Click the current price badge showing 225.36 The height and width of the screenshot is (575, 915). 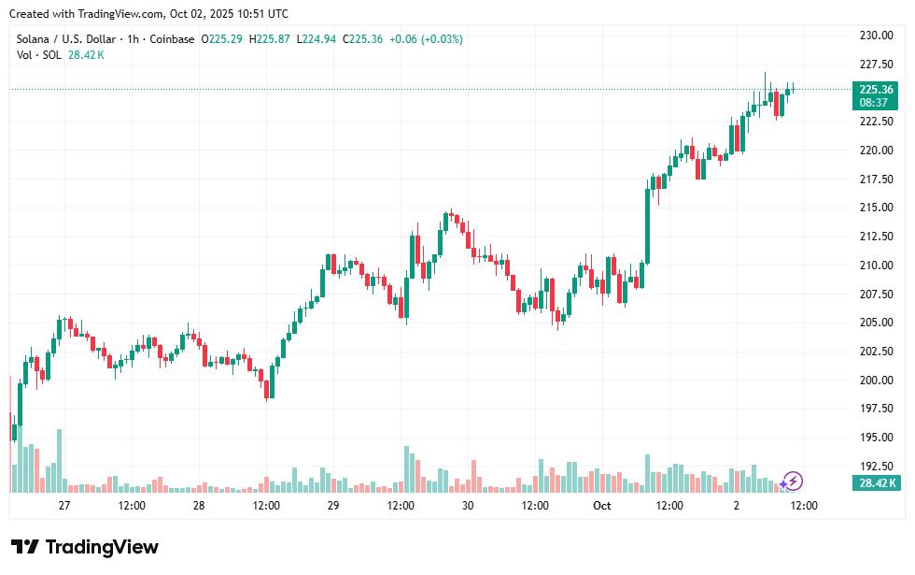[x=875, y=90]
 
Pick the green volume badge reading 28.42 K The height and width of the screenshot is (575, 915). [x=875, y=483]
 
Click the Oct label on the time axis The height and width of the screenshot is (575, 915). [x=602, y=506]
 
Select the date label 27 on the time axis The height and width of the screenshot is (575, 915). [x=64, y=506]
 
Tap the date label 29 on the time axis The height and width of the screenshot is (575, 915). [x=333, y=506]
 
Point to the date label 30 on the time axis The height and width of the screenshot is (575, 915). [x=468, y=506]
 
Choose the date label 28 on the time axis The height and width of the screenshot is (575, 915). [x=199, y=506]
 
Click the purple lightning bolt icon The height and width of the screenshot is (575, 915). [x=792, y=482]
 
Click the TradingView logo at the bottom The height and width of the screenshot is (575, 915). [x=85, y=547]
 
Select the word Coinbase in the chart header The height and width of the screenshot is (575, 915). [x=172, y=39]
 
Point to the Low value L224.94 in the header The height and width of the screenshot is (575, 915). [x=315, y=39]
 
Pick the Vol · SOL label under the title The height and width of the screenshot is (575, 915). [x=39, y=55]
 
